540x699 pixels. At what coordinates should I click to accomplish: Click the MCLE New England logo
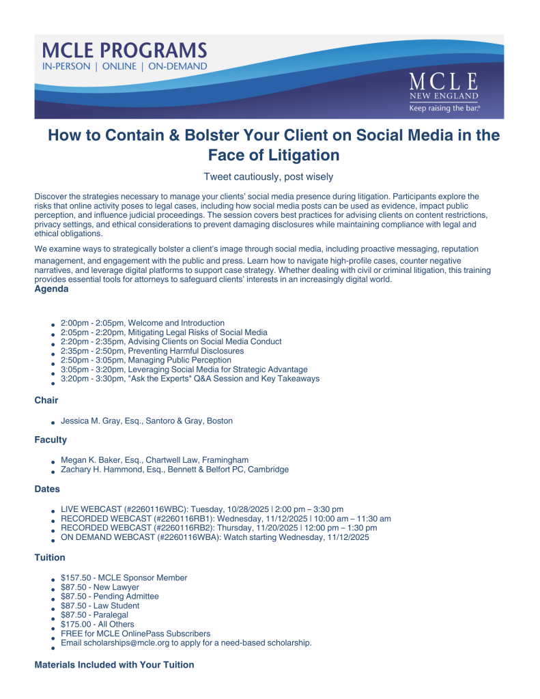[444, 89]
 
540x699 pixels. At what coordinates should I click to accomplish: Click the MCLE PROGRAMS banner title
[124, 51]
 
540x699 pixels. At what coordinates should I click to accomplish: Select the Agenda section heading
[51, 289]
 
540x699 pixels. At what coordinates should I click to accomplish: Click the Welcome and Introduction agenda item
[143, 323]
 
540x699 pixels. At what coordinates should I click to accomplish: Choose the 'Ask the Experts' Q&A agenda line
[190, 378]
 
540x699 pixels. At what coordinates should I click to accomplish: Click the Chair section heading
[46, 401]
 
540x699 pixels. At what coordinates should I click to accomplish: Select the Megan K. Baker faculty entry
[154, 459]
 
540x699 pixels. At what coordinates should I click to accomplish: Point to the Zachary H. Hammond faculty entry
[174, 469]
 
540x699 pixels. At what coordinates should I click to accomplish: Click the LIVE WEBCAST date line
[202, 509]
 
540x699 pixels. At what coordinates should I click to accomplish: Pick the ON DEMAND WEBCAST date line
[215, 537]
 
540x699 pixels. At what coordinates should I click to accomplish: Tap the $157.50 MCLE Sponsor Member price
[124, 577]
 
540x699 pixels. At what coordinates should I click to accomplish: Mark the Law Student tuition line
[100, 605]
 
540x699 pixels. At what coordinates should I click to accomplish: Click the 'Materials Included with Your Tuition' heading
[114, 664]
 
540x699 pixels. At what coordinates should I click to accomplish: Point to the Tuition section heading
[50, 558]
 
